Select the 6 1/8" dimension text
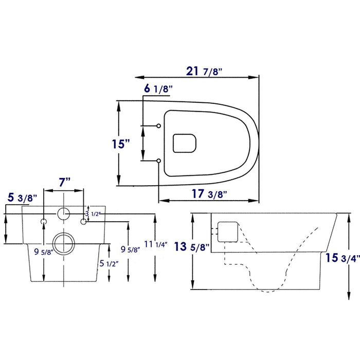click(158, 89)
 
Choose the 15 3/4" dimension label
click(343, 259)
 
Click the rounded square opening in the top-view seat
click(185, 143)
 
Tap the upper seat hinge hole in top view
click(159, 126)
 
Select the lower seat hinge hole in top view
click(159, 161)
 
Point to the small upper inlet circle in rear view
click(64, 213)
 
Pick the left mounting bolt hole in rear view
click(44, 221)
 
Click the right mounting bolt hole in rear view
click(84, 221)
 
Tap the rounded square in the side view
click(228, 231)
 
